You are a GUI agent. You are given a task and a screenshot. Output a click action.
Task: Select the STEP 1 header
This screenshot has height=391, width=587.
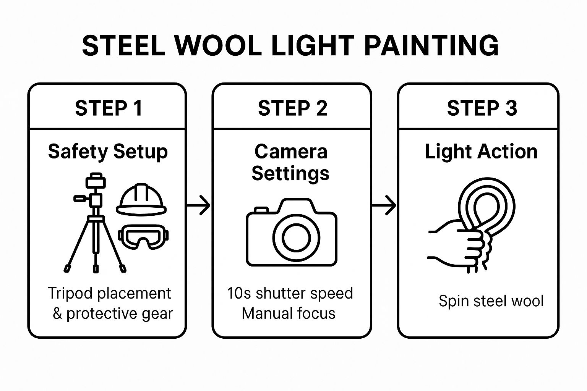click(x=109, y=108)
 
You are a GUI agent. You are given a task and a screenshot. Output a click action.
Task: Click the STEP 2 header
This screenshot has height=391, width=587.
click(x=292, y=108)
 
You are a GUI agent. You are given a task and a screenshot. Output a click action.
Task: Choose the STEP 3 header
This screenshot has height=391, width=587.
click(x=482, y=108)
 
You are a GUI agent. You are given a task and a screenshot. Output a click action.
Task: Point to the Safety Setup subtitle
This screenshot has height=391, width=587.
click(x=108, y=152)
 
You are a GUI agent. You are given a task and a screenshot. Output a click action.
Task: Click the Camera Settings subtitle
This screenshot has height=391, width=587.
click(x=290, y=162)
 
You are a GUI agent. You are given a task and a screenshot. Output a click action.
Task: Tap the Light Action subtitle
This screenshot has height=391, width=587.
click(x=481, y=152)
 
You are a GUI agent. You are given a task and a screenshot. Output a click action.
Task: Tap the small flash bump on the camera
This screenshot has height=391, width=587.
click(x=261, y=210)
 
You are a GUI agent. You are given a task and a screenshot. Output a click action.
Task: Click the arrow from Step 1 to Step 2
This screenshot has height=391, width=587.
click(x=199, y=206)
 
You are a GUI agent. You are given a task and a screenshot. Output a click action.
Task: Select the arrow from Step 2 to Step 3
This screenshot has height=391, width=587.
click(x=384, y=206)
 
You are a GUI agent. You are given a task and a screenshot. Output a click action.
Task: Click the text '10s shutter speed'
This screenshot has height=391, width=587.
click(x=290, y=293)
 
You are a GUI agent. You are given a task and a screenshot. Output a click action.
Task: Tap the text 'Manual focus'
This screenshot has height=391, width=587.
click(x=289, y=313)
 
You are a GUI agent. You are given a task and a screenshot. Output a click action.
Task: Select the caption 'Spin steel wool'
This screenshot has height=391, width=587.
click(x=491, y=301)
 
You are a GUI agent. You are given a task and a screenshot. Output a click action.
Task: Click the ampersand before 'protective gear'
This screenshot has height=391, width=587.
click(x=57, y=313)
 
